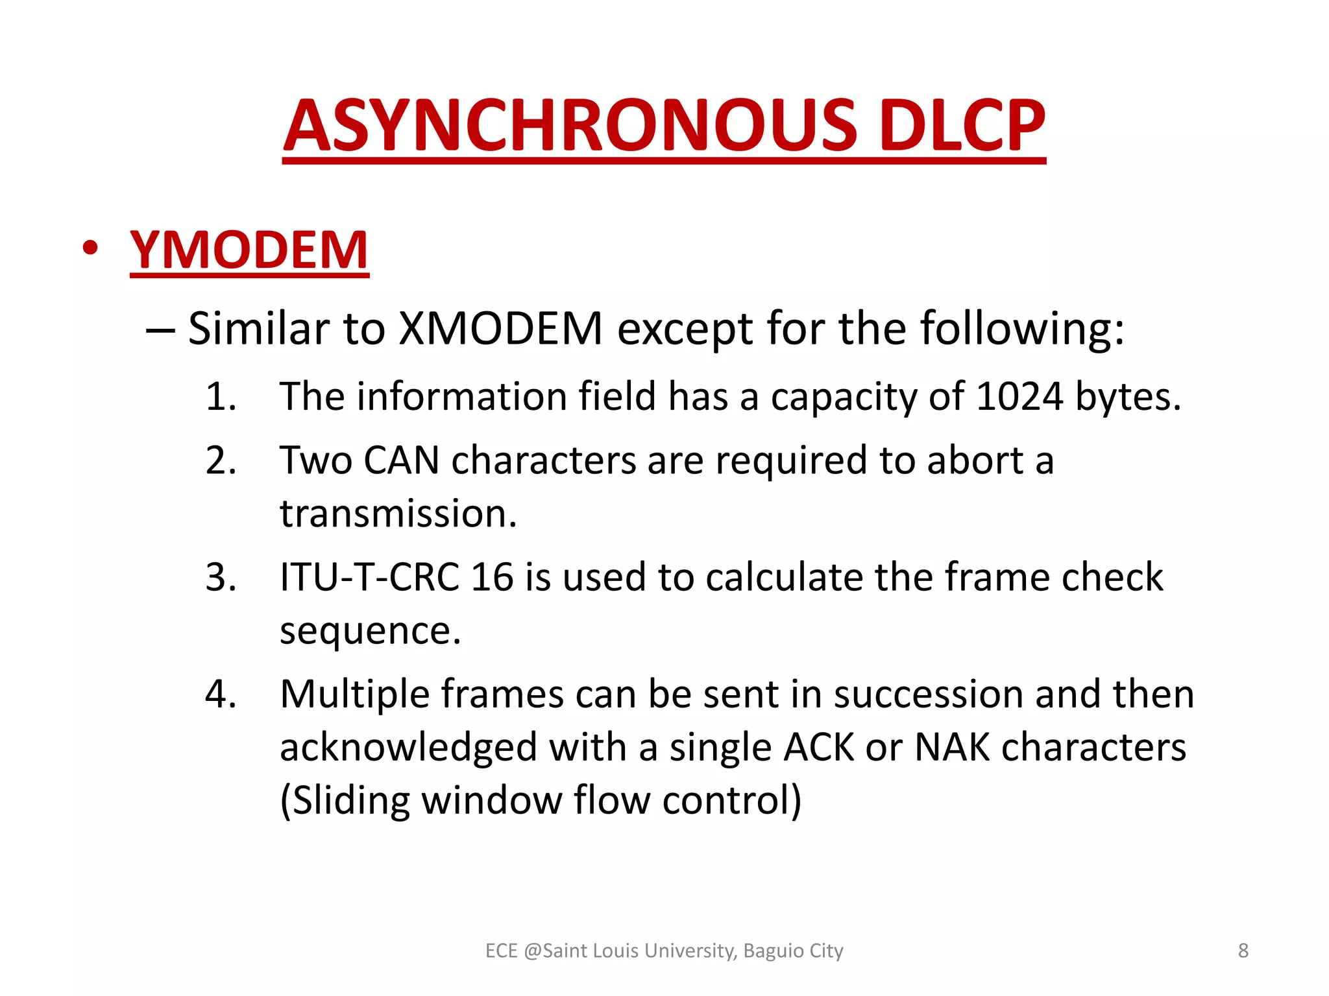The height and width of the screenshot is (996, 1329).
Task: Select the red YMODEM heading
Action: (x=249, y=250)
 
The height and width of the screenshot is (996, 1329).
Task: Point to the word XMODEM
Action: (x=500, y=329)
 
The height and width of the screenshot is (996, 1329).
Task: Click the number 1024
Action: (x=1019, y=396)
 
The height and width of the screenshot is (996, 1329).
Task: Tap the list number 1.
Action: (x=219, y=396)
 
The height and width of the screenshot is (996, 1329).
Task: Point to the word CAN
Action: (x=401, y=460)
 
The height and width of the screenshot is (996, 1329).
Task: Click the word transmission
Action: (x=398, y=514)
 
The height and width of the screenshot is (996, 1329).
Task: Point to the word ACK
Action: (x=818, y=747)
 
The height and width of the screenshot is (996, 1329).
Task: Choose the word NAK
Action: (x=951, y=747)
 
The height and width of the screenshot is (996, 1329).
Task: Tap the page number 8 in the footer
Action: (x=1243, y=951)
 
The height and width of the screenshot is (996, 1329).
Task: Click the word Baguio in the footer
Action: (x=774, y=951)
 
